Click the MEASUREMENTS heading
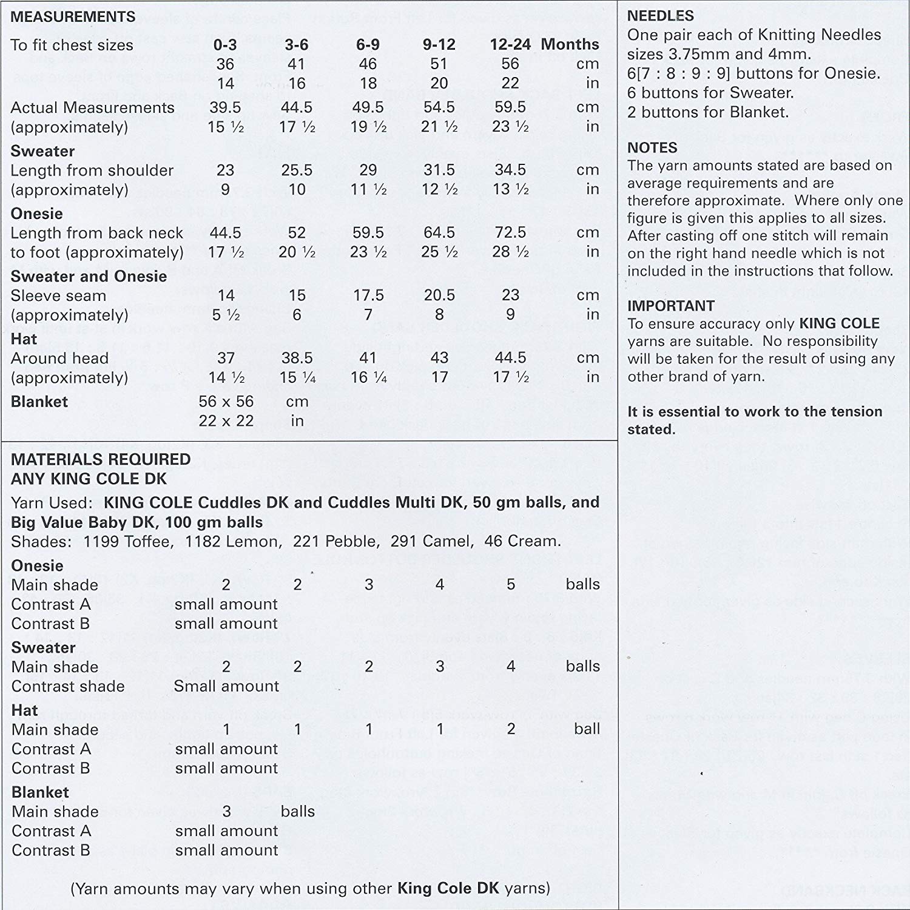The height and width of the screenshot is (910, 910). pyautogui.click(x=73, y=17)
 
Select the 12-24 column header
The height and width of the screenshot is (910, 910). pyautogui.click(x=510, y=44)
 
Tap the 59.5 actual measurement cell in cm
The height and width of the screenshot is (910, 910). pyautogui.click(x=510, y=107)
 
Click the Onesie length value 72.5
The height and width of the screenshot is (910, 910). pyautogui.click(x=510, y=232)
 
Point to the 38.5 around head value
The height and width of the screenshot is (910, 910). pyautogui.click(x=297, y=358)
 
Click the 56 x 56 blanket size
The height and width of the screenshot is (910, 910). pyautogui.click(x=226, y=402)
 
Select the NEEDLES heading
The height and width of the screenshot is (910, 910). pyautogui.click(x=661, y=16)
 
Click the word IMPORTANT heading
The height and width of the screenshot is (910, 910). pyautogui.click(x=671, y=306)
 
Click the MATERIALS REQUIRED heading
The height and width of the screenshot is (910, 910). pyautogui.click(x=101, y=459)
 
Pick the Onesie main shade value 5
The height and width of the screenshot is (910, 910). pyautogui.click(x=511, y=584)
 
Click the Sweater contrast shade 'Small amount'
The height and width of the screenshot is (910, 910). pyautogui.click(x=226, y=686)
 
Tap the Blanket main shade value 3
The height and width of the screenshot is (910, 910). pyautogui.click(x=226, y=812)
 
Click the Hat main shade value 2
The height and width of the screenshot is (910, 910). pyautogui.click(x=511, y=729)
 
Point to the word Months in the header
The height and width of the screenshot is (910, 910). pyautogui.click(x=570, y=44)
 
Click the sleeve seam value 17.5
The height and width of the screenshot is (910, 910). pyautogui.click(x=368, y=295)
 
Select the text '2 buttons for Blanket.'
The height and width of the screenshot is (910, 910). pyautogui.click(x=708, y=112)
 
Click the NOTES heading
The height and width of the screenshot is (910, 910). pyautogui.click(x=652, y=147)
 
